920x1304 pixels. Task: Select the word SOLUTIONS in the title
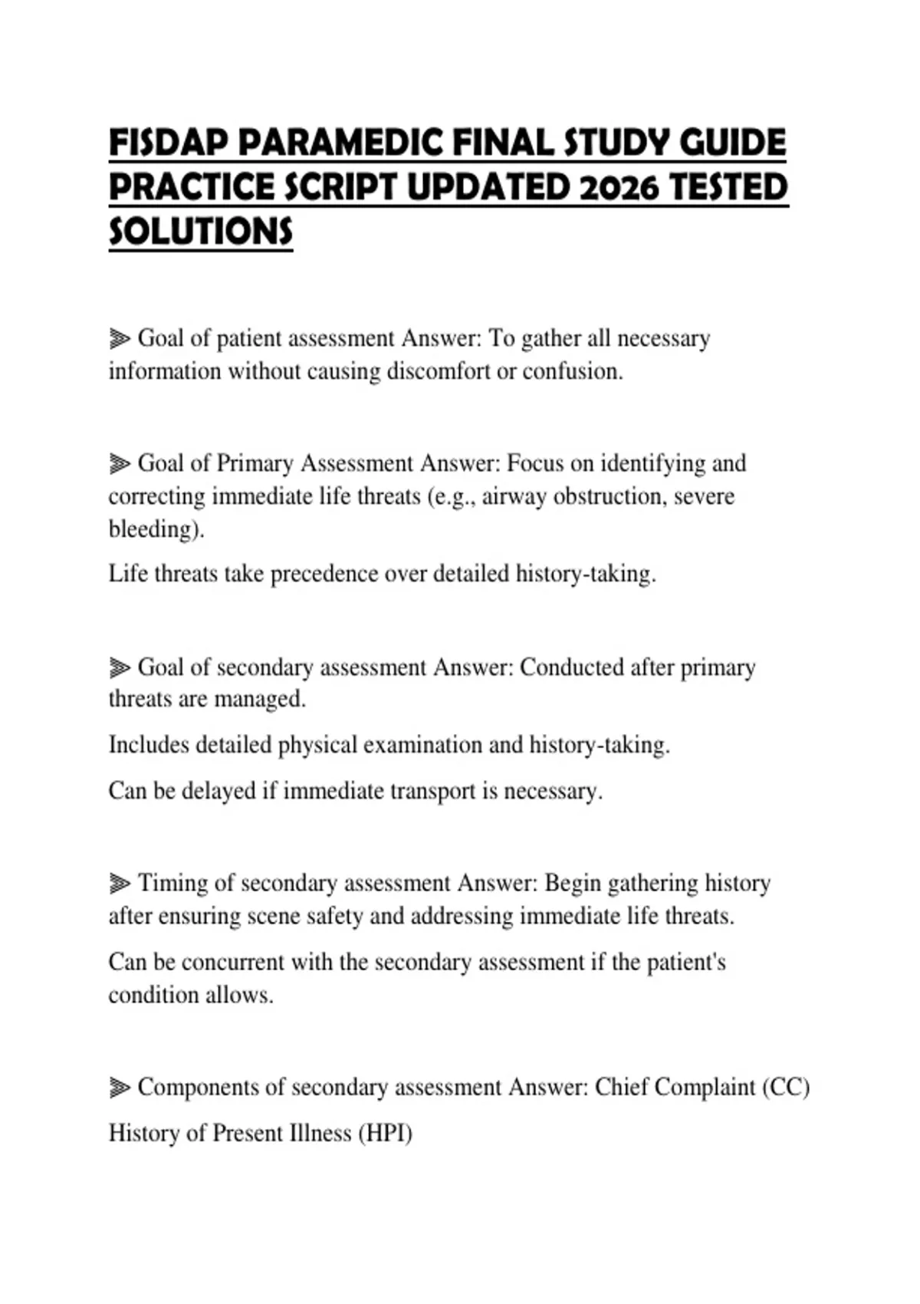[x=201, y=231]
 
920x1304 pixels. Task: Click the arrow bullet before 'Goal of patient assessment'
[x=120, y=338]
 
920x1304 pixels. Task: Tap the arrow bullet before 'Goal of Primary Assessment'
[x=120, y=463]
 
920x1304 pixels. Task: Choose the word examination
[x=422, y=745]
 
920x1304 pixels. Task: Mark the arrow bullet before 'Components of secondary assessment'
[x=120, y=1088]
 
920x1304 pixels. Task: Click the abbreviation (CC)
[x=786, y=1088]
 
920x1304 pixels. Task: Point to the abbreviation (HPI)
[x=385, y=1134]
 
